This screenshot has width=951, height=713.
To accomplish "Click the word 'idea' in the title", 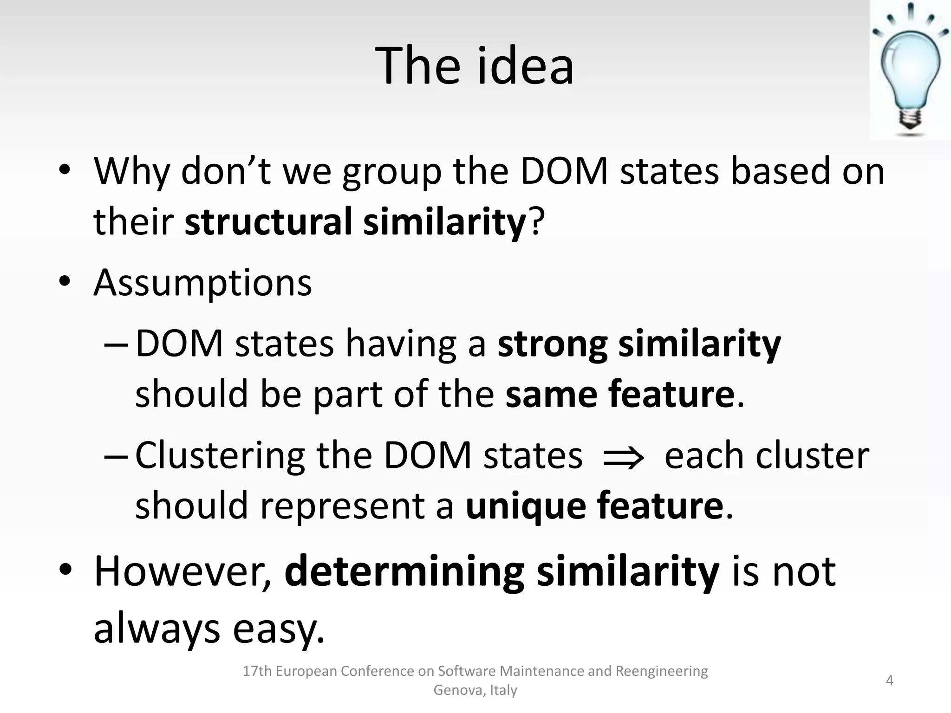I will click(x=525, y=66).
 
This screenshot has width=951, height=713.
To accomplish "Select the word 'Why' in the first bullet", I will click(x=132, y=171).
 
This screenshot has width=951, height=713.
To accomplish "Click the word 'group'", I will click(x=392, y=173).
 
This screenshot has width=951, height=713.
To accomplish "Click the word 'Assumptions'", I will click(x=203, y=283).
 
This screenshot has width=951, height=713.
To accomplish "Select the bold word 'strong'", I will click(x=552, y=344).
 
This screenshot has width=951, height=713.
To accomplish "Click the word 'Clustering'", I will click(x=220, y=456).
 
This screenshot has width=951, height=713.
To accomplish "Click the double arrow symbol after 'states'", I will click(x=623, y=458).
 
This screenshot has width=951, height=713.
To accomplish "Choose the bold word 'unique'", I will click(x=526, y=506).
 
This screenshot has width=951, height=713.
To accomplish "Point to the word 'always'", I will click(x=156, y=629).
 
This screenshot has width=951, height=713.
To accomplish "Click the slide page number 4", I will click(x=890, y=681).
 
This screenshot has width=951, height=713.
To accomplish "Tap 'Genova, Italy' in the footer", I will click(x=475, y=690).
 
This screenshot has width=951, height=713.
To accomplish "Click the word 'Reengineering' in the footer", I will click(x=662, y=671).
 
